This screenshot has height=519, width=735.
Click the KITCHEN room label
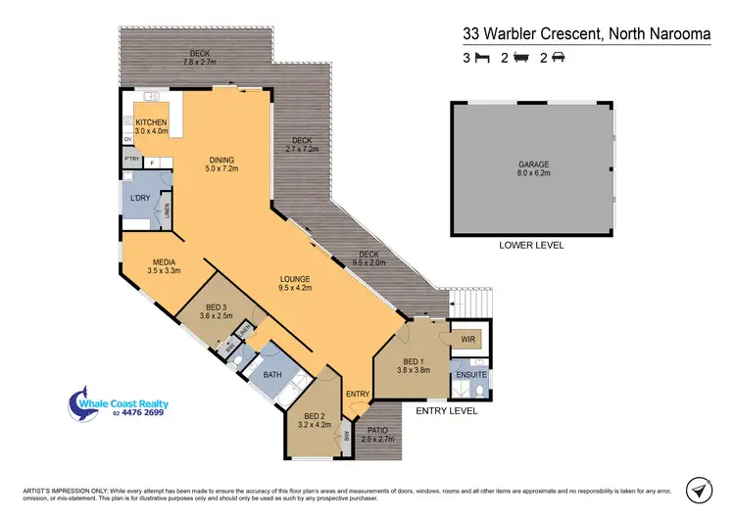click(x=153, y=121)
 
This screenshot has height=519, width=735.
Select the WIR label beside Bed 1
click(x=468, y=340)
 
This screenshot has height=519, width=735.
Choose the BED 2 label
click(x=315, y=415)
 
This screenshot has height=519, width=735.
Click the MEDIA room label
click(x=164, y=261)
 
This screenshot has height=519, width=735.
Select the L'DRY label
click(x=139, y=199)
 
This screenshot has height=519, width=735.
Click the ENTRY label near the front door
click(x=359, y=394)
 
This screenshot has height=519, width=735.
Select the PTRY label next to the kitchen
click(x=130, y=159)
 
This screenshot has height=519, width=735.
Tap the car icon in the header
click(x=558, y=58)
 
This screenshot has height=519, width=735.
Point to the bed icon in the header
click(x=481, y=58)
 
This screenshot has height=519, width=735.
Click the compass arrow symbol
click(x=699, y=489)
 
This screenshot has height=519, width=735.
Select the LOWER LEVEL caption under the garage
click(x=532, y=245)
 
